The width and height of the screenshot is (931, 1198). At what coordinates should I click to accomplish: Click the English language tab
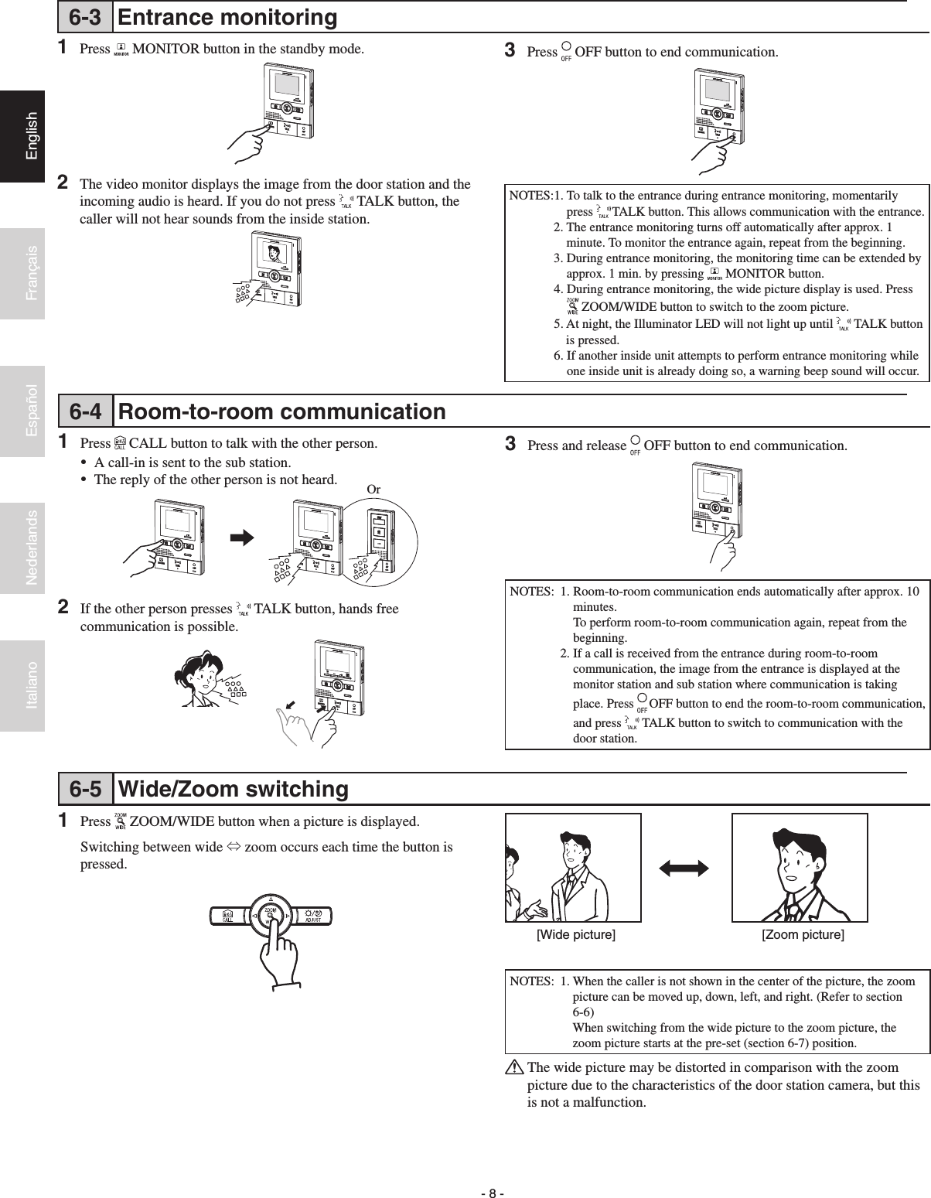22,136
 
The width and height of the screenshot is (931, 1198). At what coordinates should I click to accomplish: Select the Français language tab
22,273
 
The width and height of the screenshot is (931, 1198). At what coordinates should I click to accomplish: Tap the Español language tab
22,411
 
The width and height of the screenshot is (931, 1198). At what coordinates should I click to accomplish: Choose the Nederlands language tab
22,548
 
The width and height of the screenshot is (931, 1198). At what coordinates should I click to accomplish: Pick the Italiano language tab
22,685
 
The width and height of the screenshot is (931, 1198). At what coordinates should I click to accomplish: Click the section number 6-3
85,17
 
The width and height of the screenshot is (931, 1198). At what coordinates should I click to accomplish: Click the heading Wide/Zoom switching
233,789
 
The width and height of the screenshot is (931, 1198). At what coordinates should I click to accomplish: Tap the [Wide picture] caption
576,935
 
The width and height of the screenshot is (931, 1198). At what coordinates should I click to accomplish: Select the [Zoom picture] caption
803,935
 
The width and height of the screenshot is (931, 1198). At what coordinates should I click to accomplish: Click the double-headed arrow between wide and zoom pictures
686,868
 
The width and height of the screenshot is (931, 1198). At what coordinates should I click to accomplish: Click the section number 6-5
85,789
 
